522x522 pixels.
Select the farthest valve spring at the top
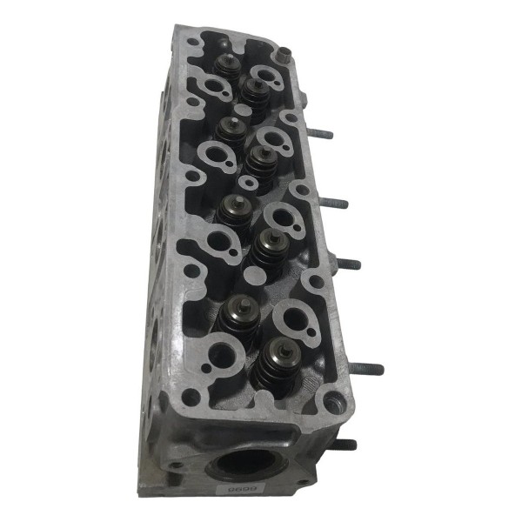228,68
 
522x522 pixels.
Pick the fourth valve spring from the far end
260,161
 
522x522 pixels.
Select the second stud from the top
334,204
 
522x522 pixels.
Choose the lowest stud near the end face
344,445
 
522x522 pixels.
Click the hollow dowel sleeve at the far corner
283,54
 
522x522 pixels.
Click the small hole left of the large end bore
177,465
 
